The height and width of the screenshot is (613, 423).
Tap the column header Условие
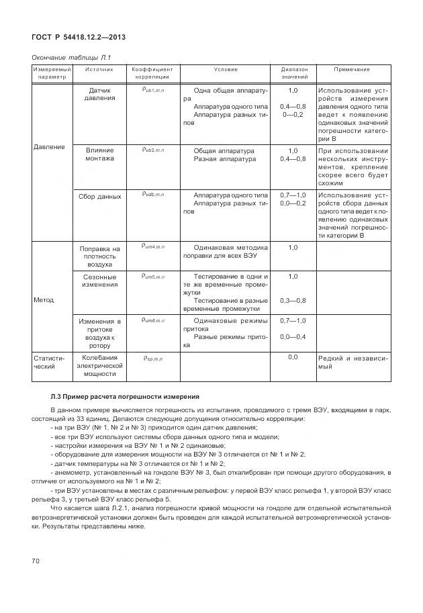226,69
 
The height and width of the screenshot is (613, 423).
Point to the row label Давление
49,146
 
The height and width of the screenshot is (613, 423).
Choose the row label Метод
44,299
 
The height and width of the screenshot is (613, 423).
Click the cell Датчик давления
99,94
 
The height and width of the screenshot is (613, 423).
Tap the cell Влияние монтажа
99,154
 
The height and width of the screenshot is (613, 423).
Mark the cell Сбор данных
99,197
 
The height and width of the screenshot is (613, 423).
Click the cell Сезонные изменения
99,281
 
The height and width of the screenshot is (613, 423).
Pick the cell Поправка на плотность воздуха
99,256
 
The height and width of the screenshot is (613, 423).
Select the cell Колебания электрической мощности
99,365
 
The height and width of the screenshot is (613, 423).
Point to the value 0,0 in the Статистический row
293,357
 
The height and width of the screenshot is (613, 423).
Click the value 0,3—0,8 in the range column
293,300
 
